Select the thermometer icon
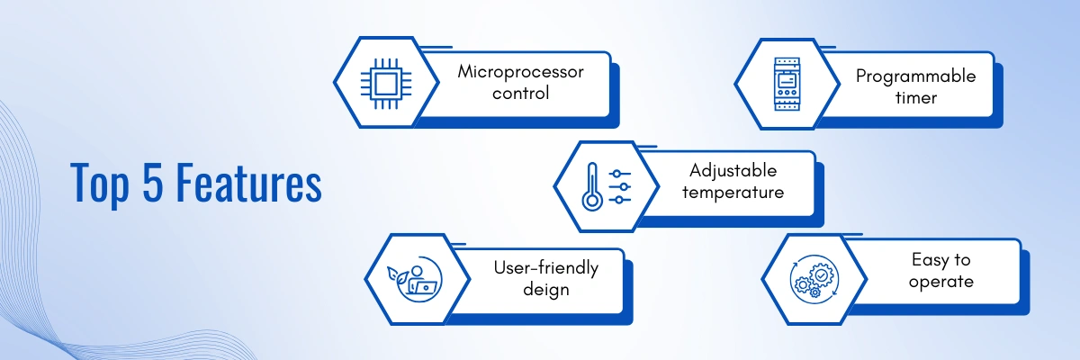pos(591,186)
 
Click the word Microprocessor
pos(520,72)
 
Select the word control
pos(520,94)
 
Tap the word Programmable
pos(915,76)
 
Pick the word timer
pos(915,97)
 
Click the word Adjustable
pos(733,170)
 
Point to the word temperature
pos(733,192)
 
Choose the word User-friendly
pos(545,267)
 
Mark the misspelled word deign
pos(545,290)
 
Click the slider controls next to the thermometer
pos(620,186)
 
